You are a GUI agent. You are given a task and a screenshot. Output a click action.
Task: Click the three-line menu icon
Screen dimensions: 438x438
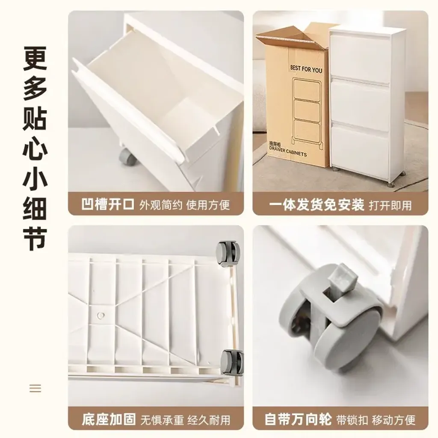click(x=35, y=388)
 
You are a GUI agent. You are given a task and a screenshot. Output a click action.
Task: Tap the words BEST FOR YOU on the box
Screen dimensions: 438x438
click(x=306, y=69)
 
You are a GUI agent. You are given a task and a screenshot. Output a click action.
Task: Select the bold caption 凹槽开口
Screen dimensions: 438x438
click(x=108, y=204)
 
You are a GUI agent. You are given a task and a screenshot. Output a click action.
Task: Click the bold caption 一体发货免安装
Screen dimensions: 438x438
click(x=317, y=205)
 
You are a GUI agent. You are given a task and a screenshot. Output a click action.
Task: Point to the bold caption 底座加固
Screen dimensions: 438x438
click(x=109, y=419)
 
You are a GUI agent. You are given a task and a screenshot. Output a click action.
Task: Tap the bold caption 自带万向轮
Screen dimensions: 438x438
click(x=298, y=419)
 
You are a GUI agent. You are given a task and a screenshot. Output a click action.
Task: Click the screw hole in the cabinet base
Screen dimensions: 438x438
click(x=101, y=315)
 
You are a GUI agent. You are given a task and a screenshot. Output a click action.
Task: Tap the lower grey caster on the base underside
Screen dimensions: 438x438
click(x=231, y=362)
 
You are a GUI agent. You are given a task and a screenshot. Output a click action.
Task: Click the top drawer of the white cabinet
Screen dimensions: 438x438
click(x=360, y=56)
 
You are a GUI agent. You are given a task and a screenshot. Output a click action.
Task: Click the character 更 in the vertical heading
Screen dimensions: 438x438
click(x=35, y=58)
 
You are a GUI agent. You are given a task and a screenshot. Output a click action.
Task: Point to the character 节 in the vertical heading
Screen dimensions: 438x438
click(x=35, y=238)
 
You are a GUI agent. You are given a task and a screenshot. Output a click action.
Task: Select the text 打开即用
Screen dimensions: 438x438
click(x=390, y=205)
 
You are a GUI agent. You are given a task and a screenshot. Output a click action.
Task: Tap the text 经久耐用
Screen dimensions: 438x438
click(x=209, y=420)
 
